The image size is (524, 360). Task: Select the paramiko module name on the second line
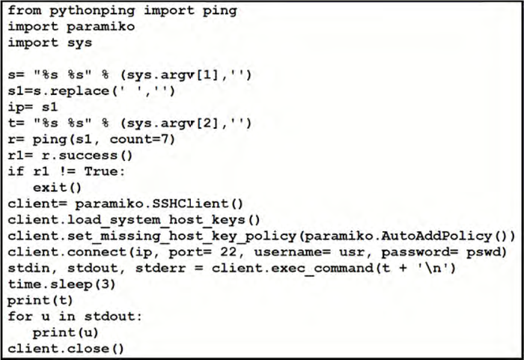point(97,26)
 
